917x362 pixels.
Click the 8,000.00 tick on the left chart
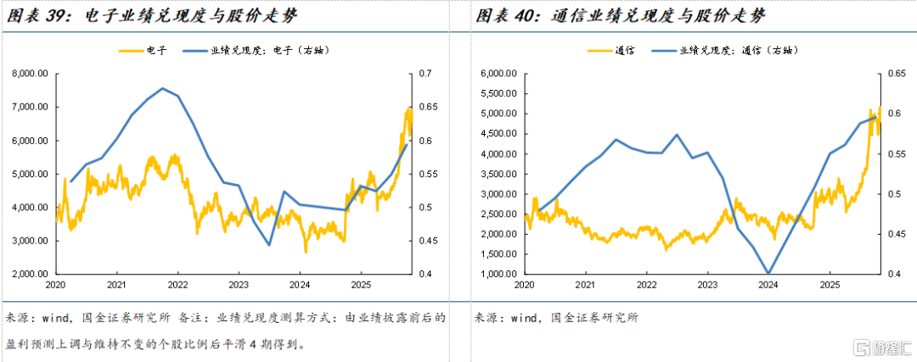point(31,74)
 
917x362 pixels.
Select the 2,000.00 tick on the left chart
point(31,274)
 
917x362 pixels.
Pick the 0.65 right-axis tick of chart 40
point(888,74)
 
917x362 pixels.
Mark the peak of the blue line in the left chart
point(162,88)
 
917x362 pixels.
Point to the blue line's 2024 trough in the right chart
point(768,273)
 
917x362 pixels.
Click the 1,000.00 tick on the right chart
point(501,274)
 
